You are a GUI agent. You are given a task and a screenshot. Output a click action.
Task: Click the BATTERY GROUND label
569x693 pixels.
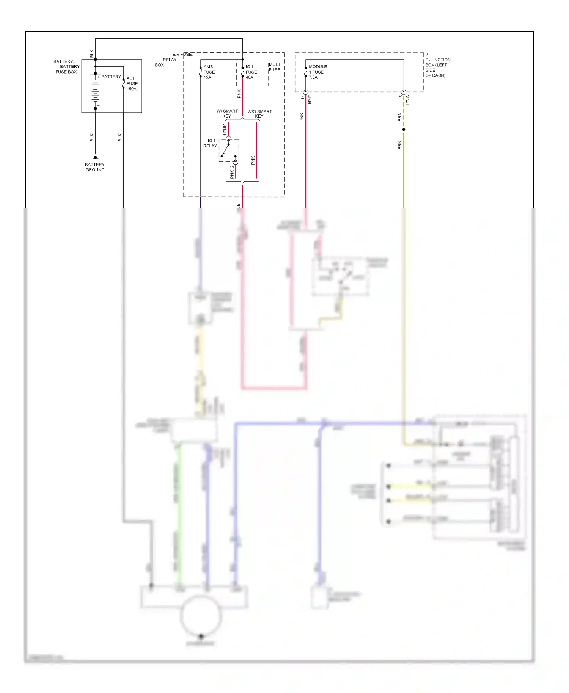tap(95, 167)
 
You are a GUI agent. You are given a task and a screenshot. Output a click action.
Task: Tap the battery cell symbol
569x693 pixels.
tap(95, 91)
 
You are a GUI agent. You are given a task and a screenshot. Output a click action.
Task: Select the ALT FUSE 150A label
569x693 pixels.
tap(132, 84)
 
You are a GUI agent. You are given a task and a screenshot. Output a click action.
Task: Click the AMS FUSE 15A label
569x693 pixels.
tap(209, 72)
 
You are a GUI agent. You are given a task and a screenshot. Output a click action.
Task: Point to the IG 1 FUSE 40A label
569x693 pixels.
tap(251, 72)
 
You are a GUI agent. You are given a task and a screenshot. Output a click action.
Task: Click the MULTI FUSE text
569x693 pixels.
tap(275, 67)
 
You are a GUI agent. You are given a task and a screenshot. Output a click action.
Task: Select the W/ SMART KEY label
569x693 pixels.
tap(227, 113)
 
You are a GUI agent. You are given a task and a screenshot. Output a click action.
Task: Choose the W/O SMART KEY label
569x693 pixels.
tap(259, 114)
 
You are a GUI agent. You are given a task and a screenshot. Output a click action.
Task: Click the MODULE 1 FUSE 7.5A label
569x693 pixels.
tap(318, 72)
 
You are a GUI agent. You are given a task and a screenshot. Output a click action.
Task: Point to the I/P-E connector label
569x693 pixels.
tap(310, 100)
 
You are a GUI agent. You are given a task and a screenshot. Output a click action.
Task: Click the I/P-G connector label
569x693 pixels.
tap(408, 100)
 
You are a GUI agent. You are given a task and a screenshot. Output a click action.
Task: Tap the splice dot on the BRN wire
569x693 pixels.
tap(404, 130)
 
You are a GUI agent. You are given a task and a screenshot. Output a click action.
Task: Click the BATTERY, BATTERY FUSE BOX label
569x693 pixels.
tap(66, 66)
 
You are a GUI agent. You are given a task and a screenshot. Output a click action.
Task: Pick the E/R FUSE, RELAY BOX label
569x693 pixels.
tap(174, 60)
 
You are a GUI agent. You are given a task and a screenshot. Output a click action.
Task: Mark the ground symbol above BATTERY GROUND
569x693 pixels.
tap(95, 158)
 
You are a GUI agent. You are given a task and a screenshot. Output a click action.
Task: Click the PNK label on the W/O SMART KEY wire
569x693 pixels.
tap(253, 160)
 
